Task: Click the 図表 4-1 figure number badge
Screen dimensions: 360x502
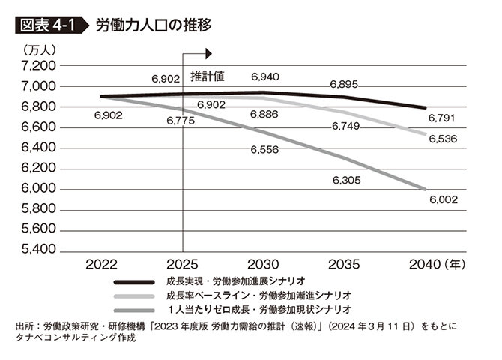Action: tap(47, 25)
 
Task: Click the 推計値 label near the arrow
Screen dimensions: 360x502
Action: tap(208, 76)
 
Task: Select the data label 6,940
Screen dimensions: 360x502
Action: tap(265, 76)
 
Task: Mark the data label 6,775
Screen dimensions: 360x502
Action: tap(182, 120)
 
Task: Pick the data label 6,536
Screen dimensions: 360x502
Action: tap(443, 139)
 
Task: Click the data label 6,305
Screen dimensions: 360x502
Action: tap(347, 180)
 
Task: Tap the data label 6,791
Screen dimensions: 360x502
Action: tap(443, 118)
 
